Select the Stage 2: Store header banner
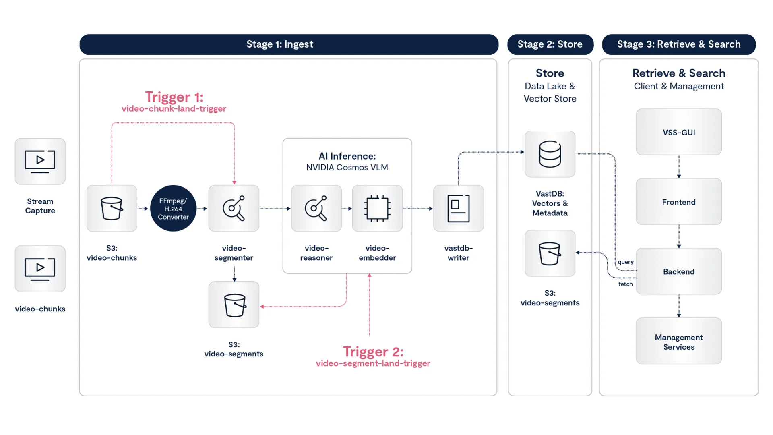click(x=550, y=44)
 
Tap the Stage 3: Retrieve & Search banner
click(x=679, y=44)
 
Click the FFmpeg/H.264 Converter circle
click(x=173, y=209)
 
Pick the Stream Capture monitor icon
click(x=40, y=162)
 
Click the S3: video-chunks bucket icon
click(x=112, y=209)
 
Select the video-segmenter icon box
click(x=234, y=209)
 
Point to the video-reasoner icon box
click(x=316, y=209)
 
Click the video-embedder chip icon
click(x=377, y=209)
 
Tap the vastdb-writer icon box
click(x=459, y=209)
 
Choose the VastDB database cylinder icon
click(x=550, y=154)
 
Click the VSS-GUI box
click(x=679, y=132)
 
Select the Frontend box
click(x=679, y=202)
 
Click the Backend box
click(x=679, y=271)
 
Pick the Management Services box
click(x=679, y=342)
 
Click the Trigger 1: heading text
click(x=174, y=97)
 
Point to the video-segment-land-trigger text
click(x=373, y=363)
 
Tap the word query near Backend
click(x=626, y=262)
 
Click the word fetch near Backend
click(x=626, y=284)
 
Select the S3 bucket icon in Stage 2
click(x=550, y=253)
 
